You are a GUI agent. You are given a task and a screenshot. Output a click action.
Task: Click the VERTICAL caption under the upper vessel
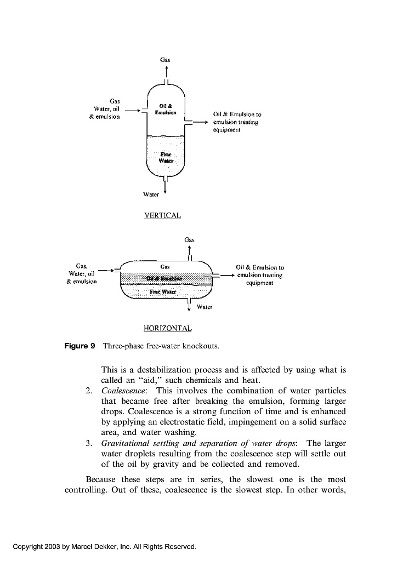pyautogui.click(x=162, y=215)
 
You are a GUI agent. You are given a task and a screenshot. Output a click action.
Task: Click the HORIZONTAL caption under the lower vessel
pyautogui.click(x=167, y=328)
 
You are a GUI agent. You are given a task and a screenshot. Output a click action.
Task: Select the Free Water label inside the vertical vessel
pyautogui.click(x=166, y=158)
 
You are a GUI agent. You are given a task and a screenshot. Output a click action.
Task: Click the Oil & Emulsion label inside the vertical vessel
pyautogui.click(x=167, y=108)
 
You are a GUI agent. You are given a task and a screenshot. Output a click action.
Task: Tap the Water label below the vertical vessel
pyautogui.click(x=151, y=194)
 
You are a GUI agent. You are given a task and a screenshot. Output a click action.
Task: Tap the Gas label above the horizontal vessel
pyautogui.click(x=189, y=239)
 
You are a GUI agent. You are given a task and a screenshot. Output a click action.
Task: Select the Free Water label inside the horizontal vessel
pyautogui.click(x=165, y=291)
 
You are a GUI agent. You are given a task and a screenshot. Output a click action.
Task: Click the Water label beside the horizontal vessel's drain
pyautogui.click(x=204, y=307)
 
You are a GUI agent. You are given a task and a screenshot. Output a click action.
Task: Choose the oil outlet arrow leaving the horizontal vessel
pyautogui.click(x=225, y=276)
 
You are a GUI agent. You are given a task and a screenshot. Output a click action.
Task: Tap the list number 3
pyautogui.click(x=88, y=443)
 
